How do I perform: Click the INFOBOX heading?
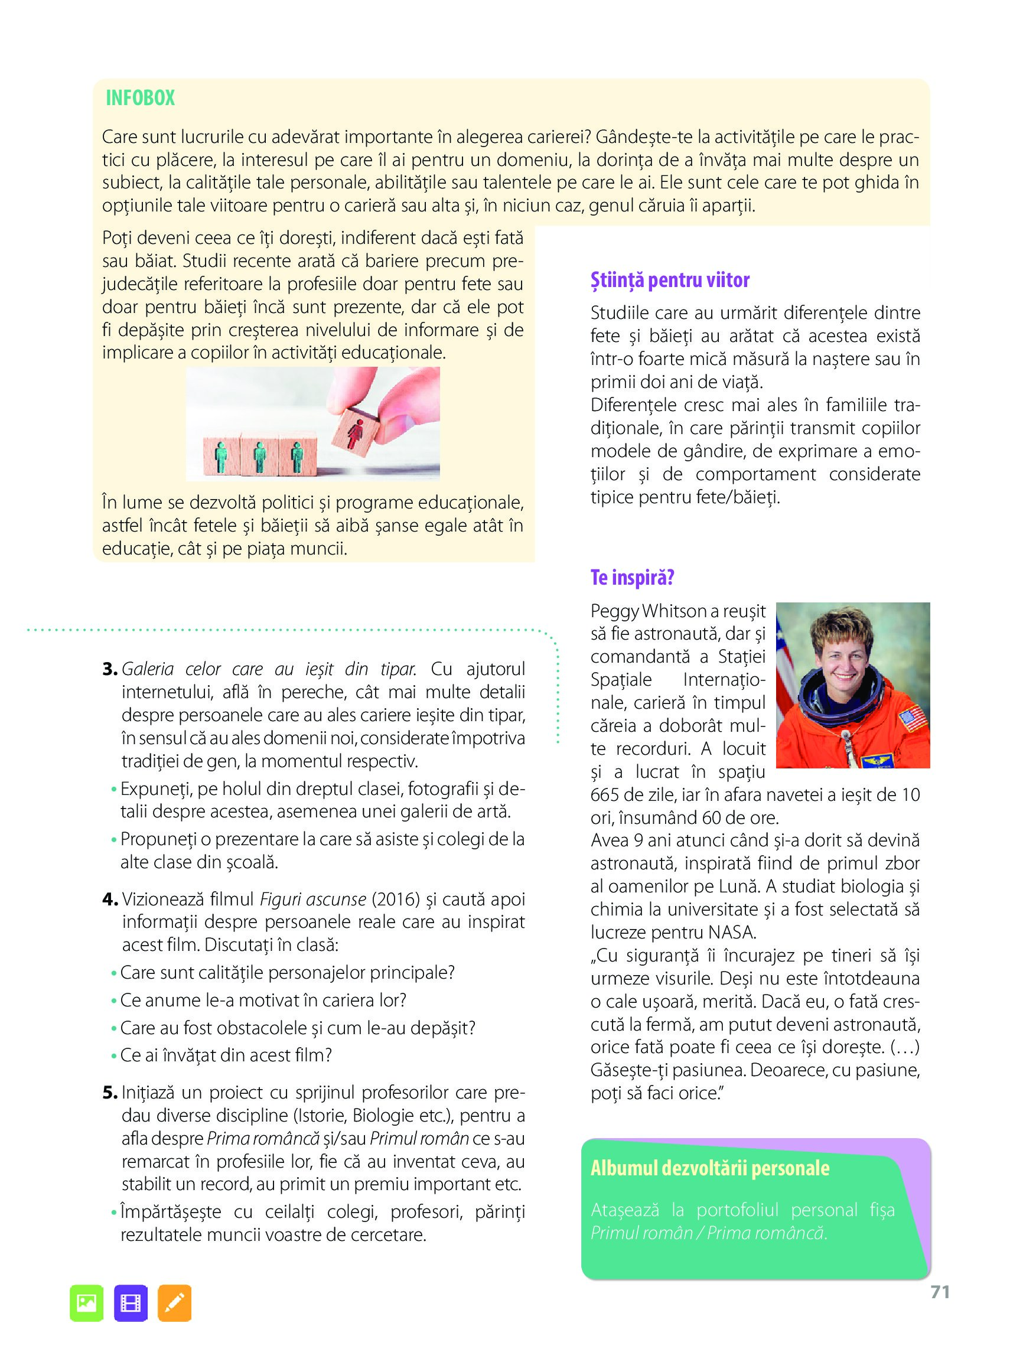(140, 98)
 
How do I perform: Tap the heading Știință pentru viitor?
(669, 281)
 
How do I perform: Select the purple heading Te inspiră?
(631, 577)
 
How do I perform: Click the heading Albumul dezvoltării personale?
(709, 1168)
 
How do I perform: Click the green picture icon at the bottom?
(87, 1303)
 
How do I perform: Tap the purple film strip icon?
(131, 1303)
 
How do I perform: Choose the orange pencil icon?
(175, 1303)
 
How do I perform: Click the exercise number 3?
(110, 669)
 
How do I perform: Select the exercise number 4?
(110, 899)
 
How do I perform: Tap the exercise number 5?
(110, 1093)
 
